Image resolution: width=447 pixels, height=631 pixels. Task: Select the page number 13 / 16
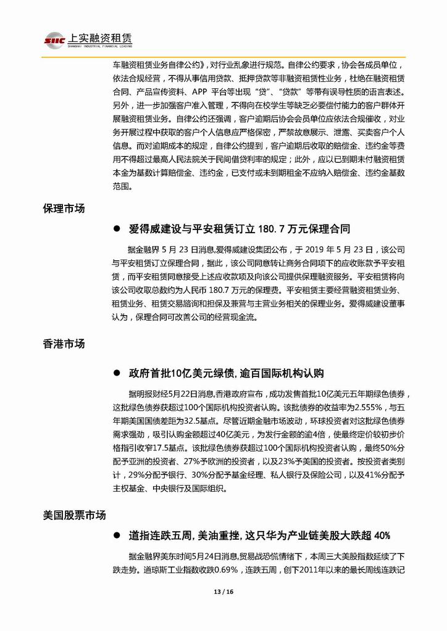223,593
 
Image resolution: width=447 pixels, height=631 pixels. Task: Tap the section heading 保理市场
64,208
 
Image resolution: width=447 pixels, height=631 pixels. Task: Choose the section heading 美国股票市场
74,514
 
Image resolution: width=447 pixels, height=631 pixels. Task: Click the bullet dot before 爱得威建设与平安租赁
115,229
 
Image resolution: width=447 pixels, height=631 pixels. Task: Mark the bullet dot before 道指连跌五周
115,535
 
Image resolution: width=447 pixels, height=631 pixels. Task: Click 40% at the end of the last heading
378,535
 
